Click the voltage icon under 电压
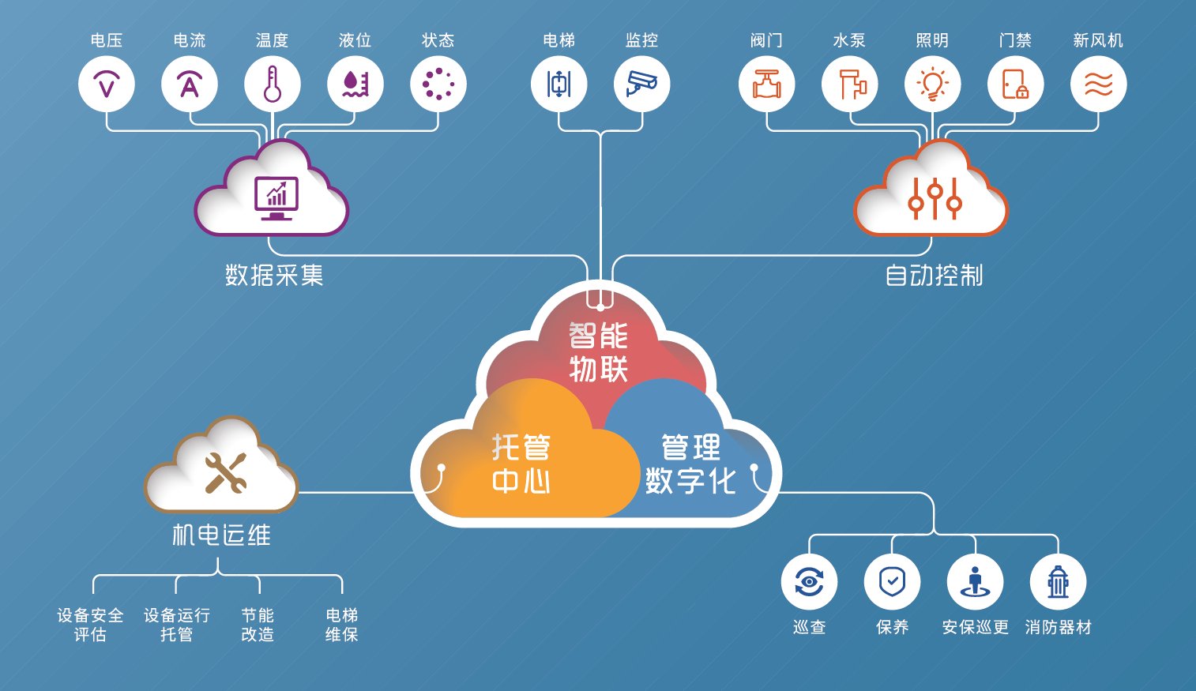(107, 84)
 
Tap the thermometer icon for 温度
(273, 84)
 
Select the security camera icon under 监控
(641, 84)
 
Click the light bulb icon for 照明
(932, 84)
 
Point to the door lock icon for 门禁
(1015, 84)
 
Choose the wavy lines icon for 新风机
(1098, 84)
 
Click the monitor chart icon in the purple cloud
(276, 198)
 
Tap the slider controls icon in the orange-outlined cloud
(935, 198)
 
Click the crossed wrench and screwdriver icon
(225, 472)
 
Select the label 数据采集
(274, 276)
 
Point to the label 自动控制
(934, 276)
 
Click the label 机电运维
(221, 535)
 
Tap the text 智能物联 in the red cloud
(598, 352)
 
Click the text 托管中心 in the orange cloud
(521, 463)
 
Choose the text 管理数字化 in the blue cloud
(691, 463)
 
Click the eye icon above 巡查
(809, 581)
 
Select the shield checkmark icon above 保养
(892, 581)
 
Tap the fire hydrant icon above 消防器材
(1058, 581)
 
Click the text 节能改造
(258, 625)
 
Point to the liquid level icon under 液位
(355, 84)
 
